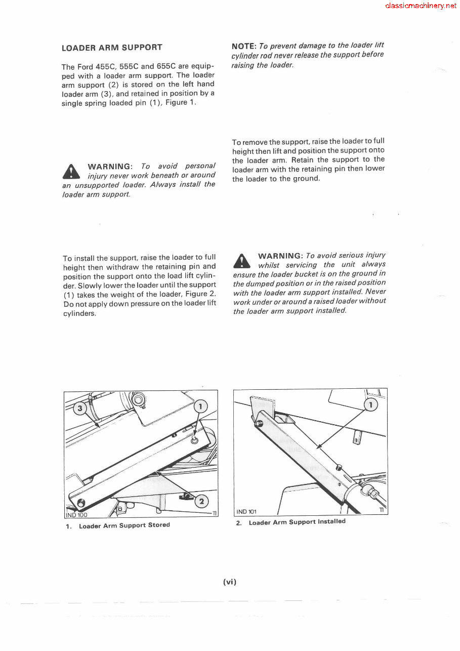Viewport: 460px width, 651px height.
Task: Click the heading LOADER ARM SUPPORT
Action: [x=111, y=48]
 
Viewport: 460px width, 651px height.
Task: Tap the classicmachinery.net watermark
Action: [x=421, y=6]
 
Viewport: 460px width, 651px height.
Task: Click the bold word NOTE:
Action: [x=245, y=46]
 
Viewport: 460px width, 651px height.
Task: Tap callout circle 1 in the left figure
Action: [x=201, y=406]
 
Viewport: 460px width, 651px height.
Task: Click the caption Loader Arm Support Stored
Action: [x=124, y=525]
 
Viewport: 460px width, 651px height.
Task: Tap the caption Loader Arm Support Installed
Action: [x=297, y=521]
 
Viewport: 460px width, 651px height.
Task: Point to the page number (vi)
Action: [x=230, y=582]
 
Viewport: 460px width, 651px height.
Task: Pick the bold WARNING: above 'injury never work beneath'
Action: [x=110, y=167]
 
